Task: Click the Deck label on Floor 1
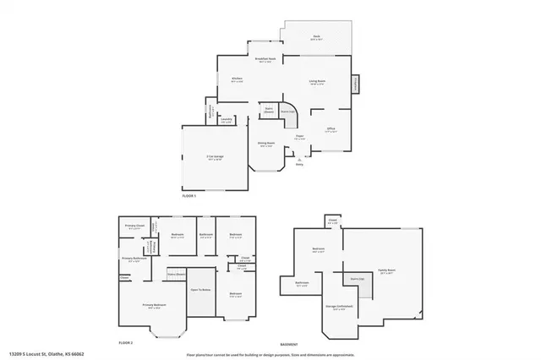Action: (x=315, y=36)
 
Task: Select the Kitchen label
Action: (x=238, y=79)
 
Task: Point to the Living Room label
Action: (x=317, y=81)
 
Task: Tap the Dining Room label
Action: (x=266, y=145)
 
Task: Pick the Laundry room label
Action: (x=226, y=121)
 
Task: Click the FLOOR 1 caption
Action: (x=189, y=196)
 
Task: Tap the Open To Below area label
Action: (x=200, y=288)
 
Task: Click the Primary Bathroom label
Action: (x=135, y=259)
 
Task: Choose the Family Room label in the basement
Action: (x=388, y=272)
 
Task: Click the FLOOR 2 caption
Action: (x=125, y=344)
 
